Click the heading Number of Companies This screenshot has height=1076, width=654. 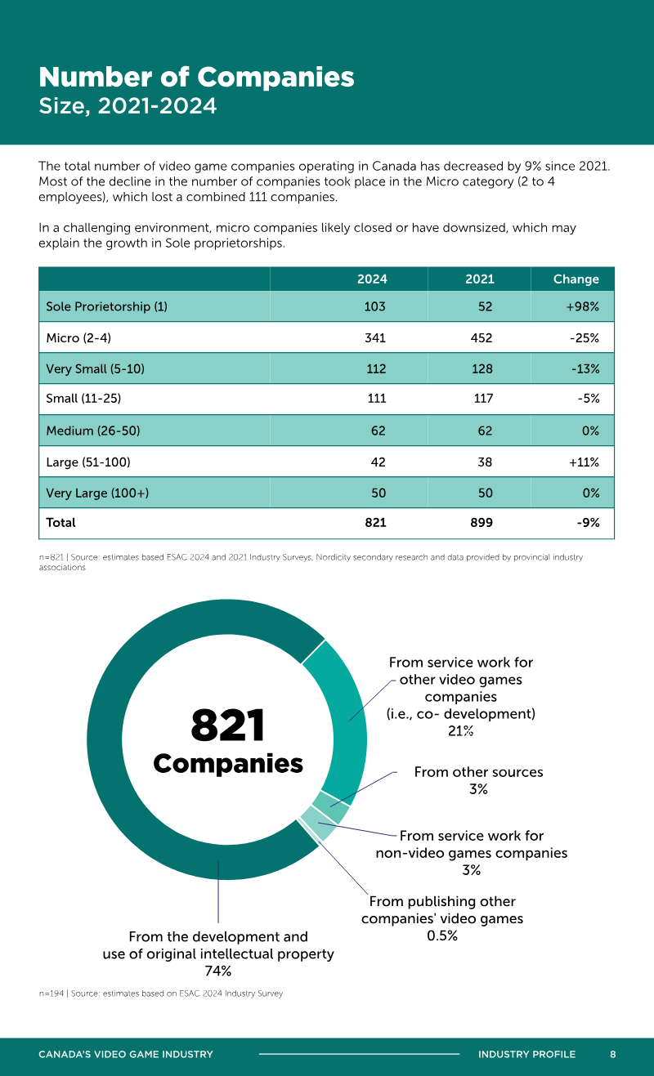point(196,77)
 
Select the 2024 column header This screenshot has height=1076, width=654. point(372,279)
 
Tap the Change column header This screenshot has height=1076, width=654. point(576,279)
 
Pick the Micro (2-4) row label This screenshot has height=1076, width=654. point(78,337)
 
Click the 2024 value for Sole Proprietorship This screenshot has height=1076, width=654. point(374,306)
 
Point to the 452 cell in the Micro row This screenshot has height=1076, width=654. point(481,337)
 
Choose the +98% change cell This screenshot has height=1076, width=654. point(583,306)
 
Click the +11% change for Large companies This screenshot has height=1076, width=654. point(584,462)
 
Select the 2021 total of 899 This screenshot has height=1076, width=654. point(482,523)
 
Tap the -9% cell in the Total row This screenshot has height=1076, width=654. point(588,523)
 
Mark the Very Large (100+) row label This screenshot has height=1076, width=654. point(97,493)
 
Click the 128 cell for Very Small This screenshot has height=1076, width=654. point(482,368)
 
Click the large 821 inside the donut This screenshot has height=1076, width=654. point(228,725)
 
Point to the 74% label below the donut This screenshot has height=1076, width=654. point(218,971)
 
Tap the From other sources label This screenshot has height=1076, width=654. point(478,772)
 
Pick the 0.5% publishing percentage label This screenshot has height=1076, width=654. point(442,935)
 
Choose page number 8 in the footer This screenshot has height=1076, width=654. point(612,1054)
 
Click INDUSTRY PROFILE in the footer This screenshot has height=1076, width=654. point(526,1054)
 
